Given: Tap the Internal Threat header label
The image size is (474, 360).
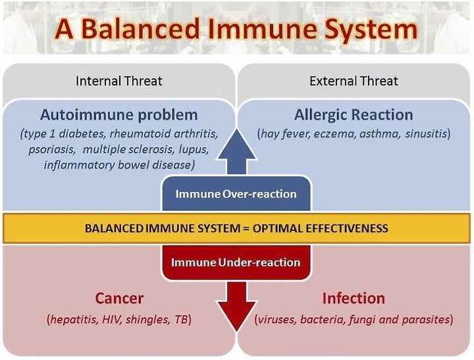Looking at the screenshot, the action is click(118, 81).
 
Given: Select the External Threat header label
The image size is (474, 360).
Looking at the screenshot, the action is click(354, 81).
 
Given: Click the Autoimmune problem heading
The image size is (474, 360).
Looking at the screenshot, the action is click(118, 115).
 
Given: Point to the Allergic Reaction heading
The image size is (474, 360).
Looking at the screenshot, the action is click(354, 115).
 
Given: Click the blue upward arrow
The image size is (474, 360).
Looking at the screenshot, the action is click(237, 152).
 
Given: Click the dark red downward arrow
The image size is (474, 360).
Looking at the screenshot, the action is click(237, 306).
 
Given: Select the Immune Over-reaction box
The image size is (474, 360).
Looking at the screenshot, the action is click(236, 193).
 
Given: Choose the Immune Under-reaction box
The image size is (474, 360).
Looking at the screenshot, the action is click(236, 262).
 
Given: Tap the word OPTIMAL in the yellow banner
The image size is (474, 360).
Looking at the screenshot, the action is click(278, 228).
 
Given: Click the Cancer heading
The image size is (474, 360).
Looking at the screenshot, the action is click(119, 298).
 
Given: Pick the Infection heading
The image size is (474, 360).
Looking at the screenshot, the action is click(354, 298).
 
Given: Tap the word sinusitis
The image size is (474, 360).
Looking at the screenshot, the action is click(426, 134).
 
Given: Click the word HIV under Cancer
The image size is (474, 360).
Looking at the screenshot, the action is click(111, 319).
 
